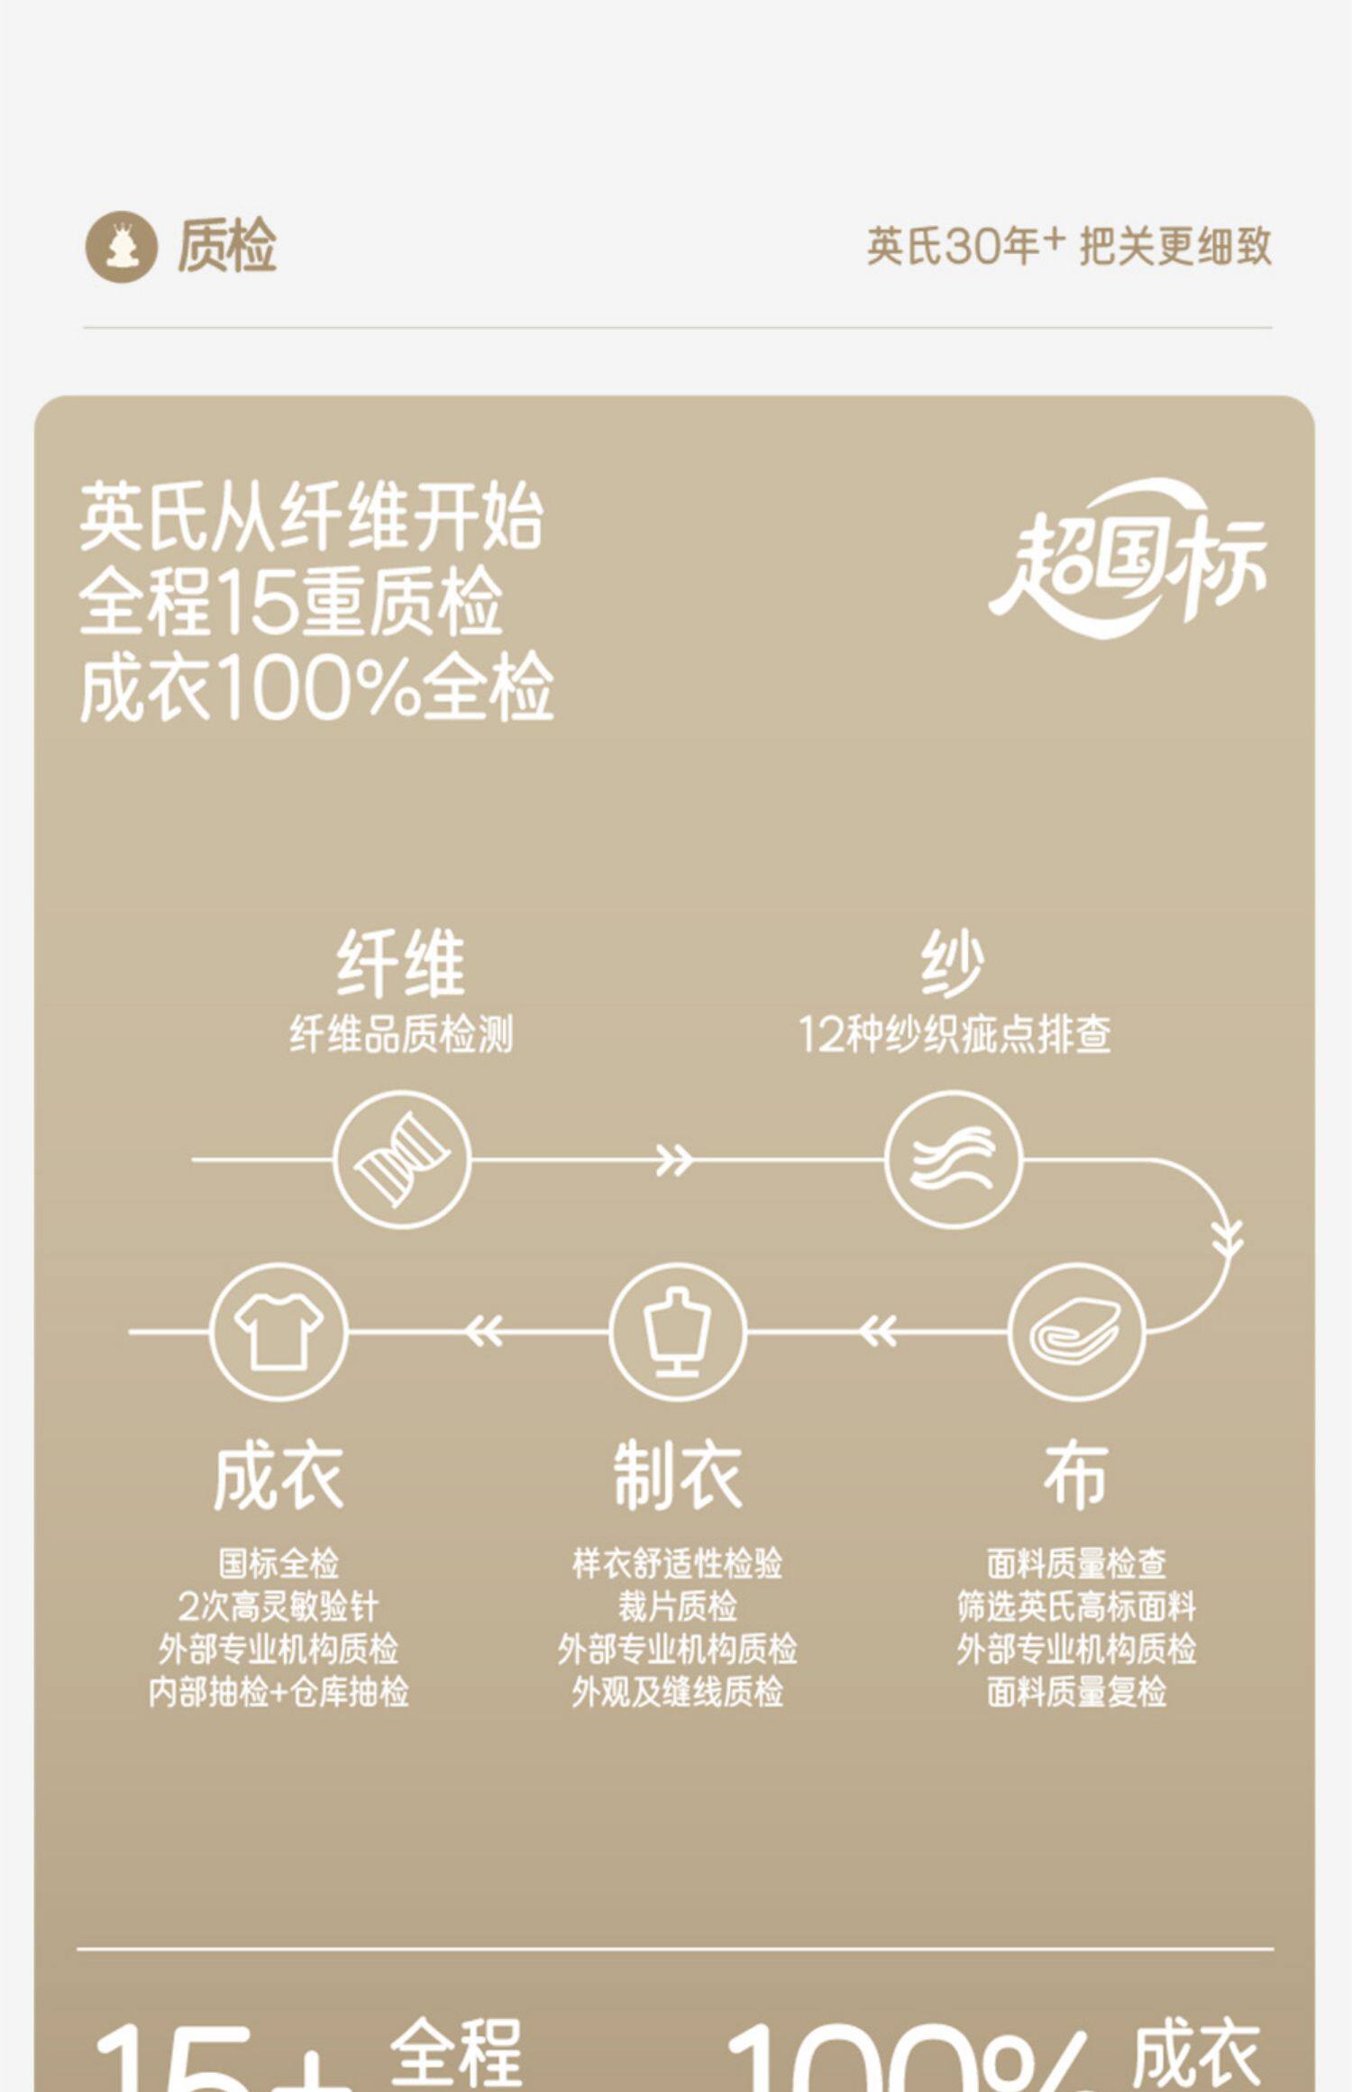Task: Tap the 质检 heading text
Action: pos(226,246)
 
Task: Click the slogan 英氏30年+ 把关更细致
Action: pos(1069,246)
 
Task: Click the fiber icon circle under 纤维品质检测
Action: pos(402,1160)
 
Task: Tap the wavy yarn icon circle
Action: pos(954,1160)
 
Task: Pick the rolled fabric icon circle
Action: pos(1076,1332)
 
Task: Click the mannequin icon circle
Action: pos(677,1332)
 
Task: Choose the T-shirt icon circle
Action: pos(279,1332)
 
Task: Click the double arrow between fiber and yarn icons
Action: pos(674,1160)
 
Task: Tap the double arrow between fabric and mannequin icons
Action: pos(877,1332)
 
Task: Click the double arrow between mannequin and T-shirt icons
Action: pos(484,1332)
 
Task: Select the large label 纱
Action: pos(953,965)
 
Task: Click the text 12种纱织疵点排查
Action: pos(954,1034)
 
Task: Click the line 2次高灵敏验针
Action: pos(279,1606)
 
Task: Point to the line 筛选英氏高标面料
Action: pos(1076,1606)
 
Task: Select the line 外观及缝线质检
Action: pos(678,1693)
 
